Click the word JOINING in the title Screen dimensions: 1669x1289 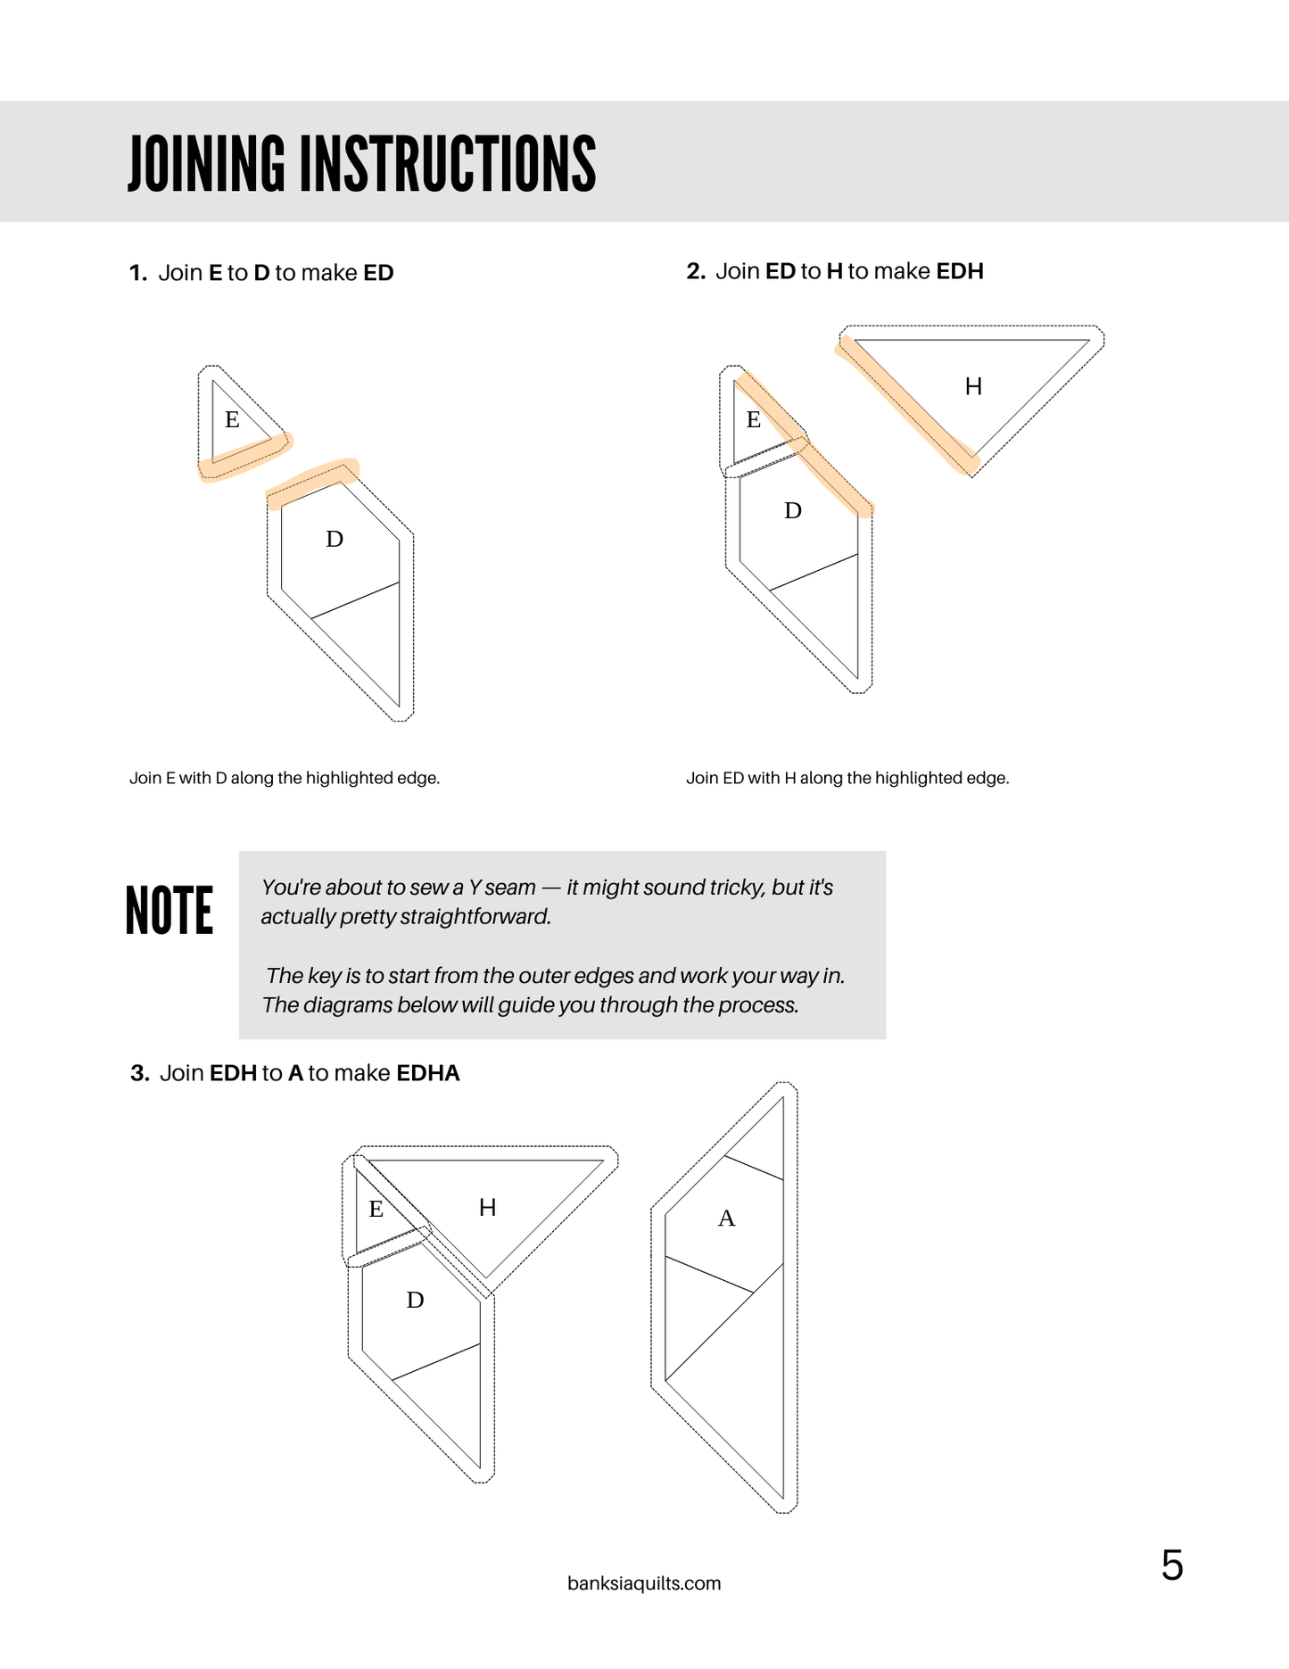pyautogui.click(x=206, y=164)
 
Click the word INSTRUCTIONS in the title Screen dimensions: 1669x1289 pyautogui.click(x=447, y=164)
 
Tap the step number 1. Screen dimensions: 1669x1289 pyautogui.click(x=137, y=273)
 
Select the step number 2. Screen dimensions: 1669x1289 pyautogui.click(x=695, y=271)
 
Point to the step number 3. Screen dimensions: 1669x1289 pyautogui.click(x=139, y=1073)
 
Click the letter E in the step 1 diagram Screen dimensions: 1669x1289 pyautogui.click(x=232, y=419)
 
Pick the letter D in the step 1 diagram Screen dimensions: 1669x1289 pyautogui.click(x=335, y=539)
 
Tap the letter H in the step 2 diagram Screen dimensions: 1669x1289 pyautogui.click(x=973, y=386)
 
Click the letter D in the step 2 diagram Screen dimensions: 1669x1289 pyautogui.click(x=792, y=510)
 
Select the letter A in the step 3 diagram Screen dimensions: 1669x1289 pyautogui.click(x=727, y=1219)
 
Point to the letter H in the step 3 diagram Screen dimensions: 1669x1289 pyautogui.click(x=487, y=1208)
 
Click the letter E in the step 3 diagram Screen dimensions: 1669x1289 pyautogui.click(x=376, y=1210)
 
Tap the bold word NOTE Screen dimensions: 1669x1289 pyautogui.click(x=169, y=911)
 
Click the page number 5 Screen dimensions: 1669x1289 pyautogui.click(x=1172, y=1566)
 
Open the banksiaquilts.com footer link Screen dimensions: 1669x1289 pyautogui.click(x=644, y=1583)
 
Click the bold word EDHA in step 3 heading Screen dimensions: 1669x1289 pyautogui.click(x=428, y=1073)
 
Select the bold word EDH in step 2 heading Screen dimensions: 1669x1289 pyautogui.click(x=960, y=271)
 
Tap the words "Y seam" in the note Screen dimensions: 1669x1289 pyautogui.click(x=502, y=888)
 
